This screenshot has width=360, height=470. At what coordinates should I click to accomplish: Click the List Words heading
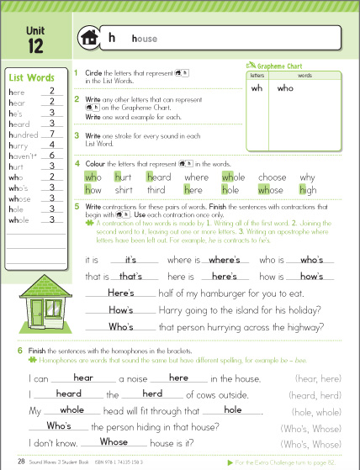coord(31,78)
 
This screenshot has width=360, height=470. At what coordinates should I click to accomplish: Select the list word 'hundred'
coord(22,133)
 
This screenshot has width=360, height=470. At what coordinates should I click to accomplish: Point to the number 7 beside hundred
coord(52,133)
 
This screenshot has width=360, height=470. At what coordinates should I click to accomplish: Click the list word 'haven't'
coord(22,155)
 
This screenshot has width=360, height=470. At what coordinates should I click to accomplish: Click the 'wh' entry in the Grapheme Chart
coord(257,87)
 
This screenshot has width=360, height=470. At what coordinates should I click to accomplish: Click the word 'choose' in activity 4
coord(272,177)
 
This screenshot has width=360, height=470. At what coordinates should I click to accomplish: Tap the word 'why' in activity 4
coord(308,177)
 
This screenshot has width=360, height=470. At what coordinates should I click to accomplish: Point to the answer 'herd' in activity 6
coord(152,393)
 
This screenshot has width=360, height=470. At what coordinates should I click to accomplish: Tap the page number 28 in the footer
coord(20,462)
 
